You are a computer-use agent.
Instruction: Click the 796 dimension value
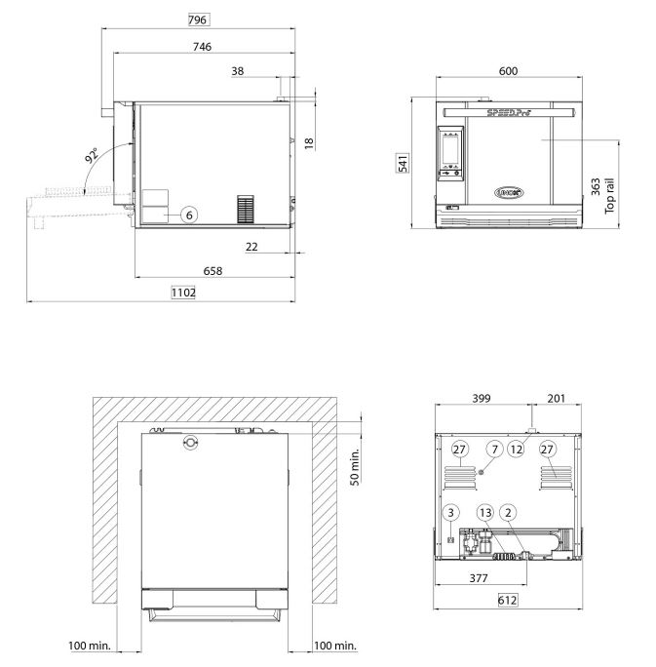[199, 20]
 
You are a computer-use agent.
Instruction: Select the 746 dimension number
[201, 46]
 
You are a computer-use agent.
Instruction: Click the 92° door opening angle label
[92, 156]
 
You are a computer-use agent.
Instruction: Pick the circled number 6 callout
[189, 214]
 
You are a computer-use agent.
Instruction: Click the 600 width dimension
[507, 70]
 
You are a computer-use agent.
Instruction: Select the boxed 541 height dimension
[403, 164]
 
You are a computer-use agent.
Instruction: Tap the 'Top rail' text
[610, 195]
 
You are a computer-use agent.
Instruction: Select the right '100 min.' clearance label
[335, 646]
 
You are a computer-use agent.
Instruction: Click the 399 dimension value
[480, 399]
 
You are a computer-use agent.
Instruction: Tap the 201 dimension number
[557, 399]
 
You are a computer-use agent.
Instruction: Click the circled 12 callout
[517, 449]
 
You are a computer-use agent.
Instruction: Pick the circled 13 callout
[484, 512]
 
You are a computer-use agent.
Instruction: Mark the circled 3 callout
[450, 512]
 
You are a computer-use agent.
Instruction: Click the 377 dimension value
[480, 577]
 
